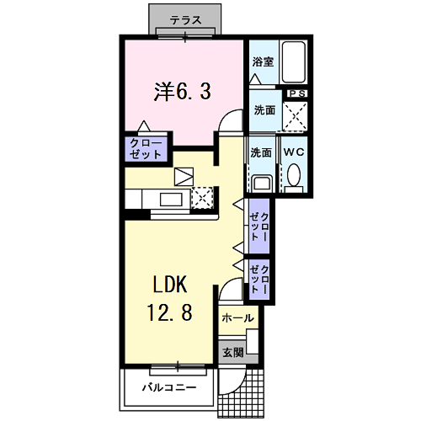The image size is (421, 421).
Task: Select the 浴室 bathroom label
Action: [x=262, y=61]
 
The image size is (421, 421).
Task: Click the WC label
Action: [x=293, y=152]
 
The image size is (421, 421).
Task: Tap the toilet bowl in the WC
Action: [x=293, y=174]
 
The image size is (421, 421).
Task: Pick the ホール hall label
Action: [x=238, y=318]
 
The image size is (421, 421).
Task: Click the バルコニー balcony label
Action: [x=168, y=388]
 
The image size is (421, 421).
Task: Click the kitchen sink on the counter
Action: [x=169, y=200]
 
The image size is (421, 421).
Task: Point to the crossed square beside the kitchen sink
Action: [x=203, y=199]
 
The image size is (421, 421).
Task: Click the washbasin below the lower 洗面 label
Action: [x=261, y=183]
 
